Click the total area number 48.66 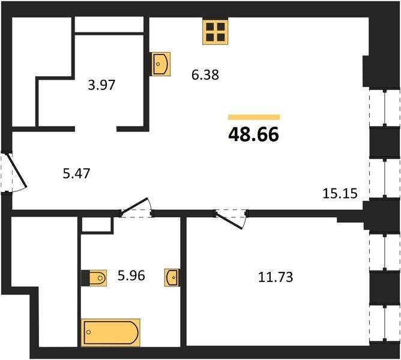[253, 135]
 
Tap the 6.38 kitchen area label [205, 75]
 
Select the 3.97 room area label [101, 85]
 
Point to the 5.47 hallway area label [76, 173]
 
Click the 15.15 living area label [340, 193]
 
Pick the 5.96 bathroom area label [131, 275]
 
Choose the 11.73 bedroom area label [276, 277]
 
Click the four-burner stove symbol [215, 32]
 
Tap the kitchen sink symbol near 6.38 [161, 64]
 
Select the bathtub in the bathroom [110, 332]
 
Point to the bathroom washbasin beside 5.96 [172, 277]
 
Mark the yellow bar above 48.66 [254, 117]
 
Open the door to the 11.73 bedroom [231, 218]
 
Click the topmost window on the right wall [384, 107]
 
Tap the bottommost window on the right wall [384, 323]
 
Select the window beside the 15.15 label [384, 178]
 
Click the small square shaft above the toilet [97, 225]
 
